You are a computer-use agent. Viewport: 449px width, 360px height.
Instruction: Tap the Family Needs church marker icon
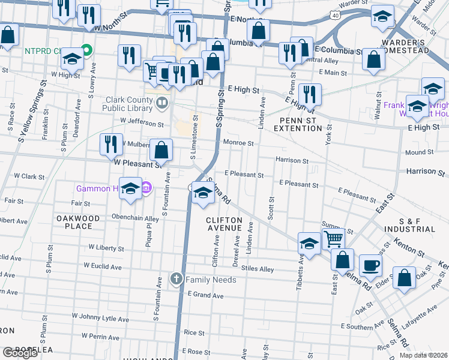coord(176,279)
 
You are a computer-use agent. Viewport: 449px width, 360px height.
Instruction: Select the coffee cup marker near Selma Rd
coord(370,265)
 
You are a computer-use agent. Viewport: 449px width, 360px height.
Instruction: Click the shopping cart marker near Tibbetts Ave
coord(333,239)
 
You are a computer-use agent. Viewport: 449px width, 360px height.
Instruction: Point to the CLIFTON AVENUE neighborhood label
coord(224,224)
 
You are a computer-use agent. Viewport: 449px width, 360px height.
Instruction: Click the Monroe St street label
coord(239,143)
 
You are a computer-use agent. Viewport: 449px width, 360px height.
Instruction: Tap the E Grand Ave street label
coord(205,295)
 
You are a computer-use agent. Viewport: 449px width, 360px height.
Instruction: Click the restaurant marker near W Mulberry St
coord(111,144)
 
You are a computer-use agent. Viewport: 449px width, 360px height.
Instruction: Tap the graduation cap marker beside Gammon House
coord(130,188)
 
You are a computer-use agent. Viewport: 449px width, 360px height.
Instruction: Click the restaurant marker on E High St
coord(310,94)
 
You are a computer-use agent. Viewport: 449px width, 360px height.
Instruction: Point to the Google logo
coord(20,353)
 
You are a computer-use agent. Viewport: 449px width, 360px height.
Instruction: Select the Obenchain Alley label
coord(135,218)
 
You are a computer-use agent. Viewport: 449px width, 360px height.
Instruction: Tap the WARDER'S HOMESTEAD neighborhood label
coord(405,46)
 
